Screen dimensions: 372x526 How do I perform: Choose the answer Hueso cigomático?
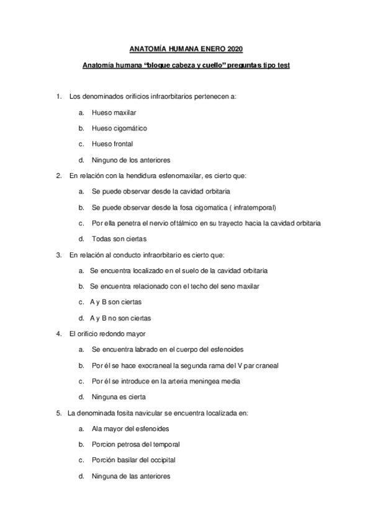tap(119, 128)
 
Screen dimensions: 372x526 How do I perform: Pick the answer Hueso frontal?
tap(112, 144)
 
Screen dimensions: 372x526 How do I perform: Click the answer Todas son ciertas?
tap(118, 239)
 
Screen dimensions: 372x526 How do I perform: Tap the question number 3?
tap(58, 255)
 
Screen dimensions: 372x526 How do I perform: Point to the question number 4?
tap(58, 334)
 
